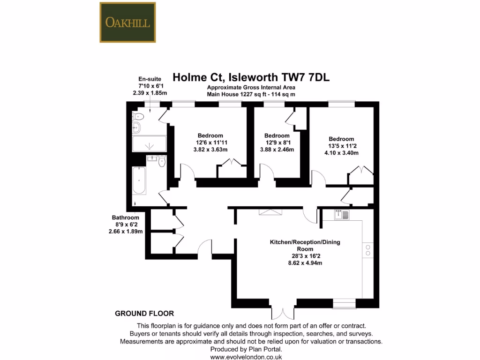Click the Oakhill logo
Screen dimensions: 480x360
click(x=127, y=22)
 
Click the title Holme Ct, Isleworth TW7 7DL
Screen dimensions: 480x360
click(x=251, y=77)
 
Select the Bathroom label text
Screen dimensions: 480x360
click(x=125, y=217)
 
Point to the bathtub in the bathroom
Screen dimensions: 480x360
click(x=139, y=180)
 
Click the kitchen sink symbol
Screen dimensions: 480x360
click(x=342, y=215)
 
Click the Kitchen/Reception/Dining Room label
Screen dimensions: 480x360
click(x=305, y=246)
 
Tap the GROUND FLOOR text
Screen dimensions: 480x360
click(x=144, y=314)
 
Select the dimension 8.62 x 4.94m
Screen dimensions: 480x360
click(x=305, y=263)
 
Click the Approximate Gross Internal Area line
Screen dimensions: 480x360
click(x=251, y=88)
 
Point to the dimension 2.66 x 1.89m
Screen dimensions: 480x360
click(x=125, y=231)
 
